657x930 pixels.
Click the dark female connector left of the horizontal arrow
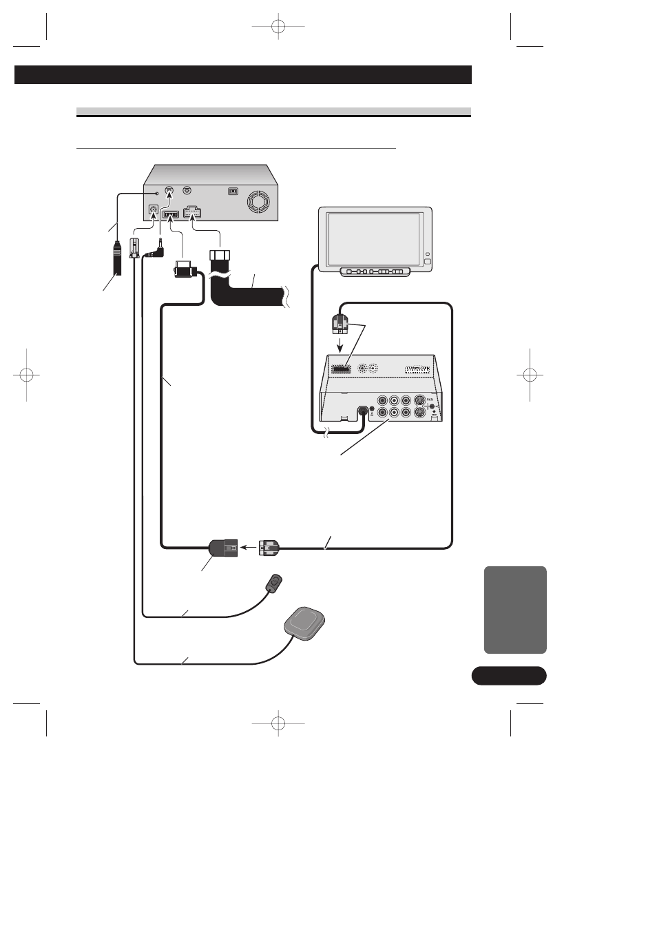pyautogui.click(x=224, y=548)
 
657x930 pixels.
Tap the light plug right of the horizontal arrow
pyautogui.click(x=269, y=548)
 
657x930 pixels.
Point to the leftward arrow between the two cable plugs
pyautogui.click(x=248, y=548)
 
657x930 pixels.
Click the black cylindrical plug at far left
pyautogui.click(x=118, y=258)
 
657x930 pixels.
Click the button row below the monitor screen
pyautogui.click(x=375, y=271)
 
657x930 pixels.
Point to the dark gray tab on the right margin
pyautogui.click(x=515, y=610)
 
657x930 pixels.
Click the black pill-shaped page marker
pyautogui.click(x=508, y=676)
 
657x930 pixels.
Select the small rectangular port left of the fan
pyautogui.click(x=233, y=192)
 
